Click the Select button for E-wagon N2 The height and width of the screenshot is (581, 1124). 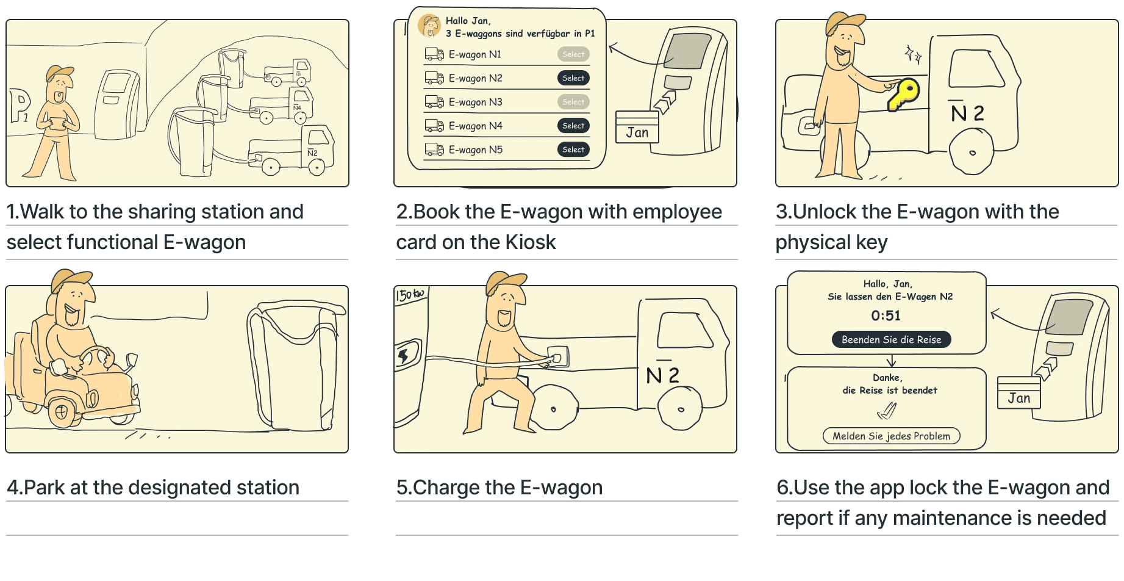point(573,78)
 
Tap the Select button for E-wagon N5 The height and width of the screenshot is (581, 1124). point(573,150)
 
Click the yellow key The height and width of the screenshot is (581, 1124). point(903,94)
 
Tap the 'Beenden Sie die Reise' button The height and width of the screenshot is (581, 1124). point(891,340)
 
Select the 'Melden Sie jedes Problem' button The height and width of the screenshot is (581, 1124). point(891,436)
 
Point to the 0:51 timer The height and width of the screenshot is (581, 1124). point(886,316)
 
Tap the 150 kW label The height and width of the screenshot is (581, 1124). point(410,295)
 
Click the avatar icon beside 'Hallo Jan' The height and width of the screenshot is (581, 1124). point(430,26)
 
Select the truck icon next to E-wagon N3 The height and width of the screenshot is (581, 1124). point(434,102)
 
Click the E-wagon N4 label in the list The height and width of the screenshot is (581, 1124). point(476,126)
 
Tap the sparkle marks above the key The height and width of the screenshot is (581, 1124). point(912,54)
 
